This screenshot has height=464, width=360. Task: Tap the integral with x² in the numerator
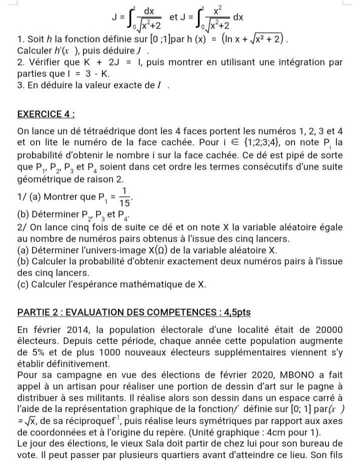point(211,18)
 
